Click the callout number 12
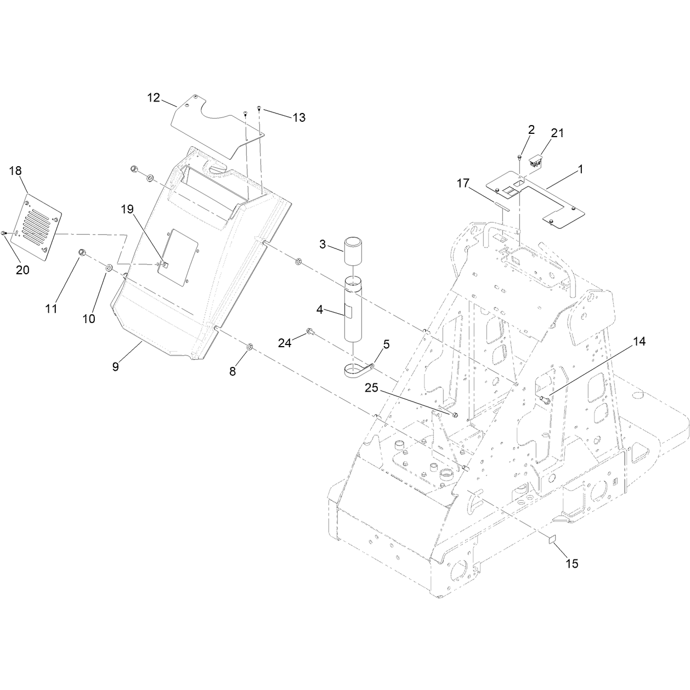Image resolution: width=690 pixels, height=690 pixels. coord(154,98)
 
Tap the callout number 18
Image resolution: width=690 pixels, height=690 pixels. coord(15,171)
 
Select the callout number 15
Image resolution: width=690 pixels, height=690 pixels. coord(572,564)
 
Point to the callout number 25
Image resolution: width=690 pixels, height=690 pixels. coord(371,387)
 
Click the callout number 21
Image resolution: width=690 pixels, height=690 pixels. coord(557,133)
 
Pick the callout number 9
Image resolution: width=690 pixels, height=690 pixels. coord(115,366)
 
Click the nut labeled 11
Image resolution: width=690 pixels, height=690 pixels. coord(82,252)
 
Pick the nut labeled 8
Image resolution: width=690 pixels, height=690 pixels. coord(250,346)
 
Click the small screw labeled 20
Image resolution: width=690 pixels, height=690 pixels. coord(4,234)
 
